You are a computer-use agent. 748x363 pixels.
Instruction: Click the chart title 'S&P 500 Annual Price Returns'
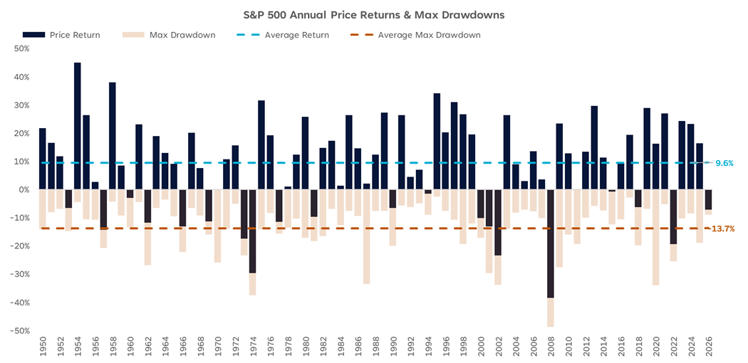pos(374,14)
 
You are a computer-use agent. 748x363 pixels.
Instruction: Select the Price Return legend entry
pos(61,35)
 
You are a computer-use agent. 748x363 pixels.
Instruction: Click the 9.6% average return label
pos(724,163)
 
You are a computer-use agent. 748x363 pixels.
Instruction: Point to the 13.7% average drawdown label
pos(723,228)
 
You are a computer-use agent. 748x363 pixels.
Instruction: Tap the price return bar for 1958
pos(113,136)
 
